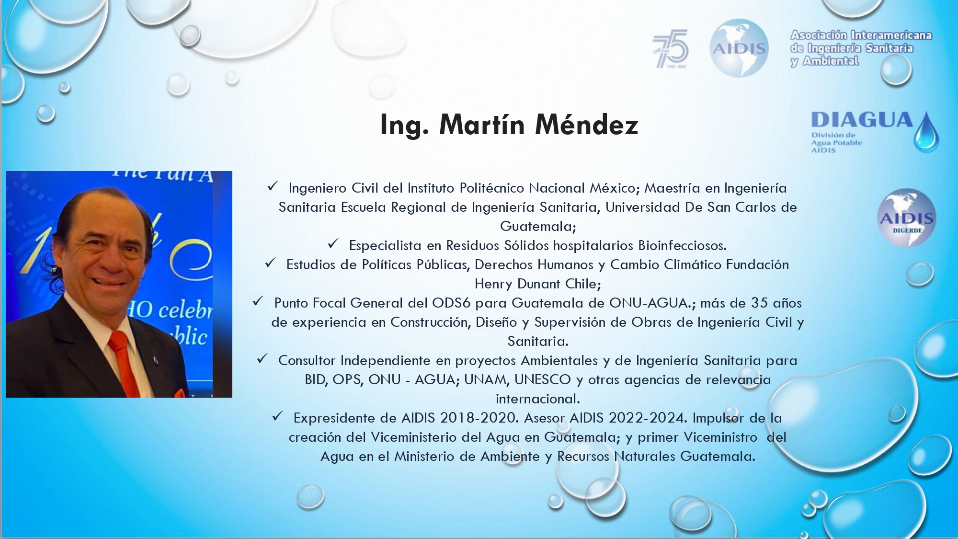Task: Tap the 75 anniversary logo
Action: pos(671,48)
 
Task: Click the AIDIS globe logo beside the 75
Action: pos(739,48)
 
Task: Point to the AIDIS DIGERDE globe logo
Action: pos(907,218)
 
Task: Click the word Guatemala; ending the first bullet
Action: pos(538,226)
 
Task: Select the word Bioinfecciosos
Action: pos(682,245)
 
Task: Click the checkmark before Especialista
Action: pos(333,244)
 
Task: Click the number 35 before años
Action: pos(759,303)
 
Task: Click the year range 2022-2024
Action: pos(648,418)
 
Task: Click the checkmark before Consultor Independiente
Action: pos(262,359)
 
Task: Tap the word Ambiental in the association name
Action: pos(831,61)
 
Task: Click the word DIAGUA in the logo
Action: pos(862,120)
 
